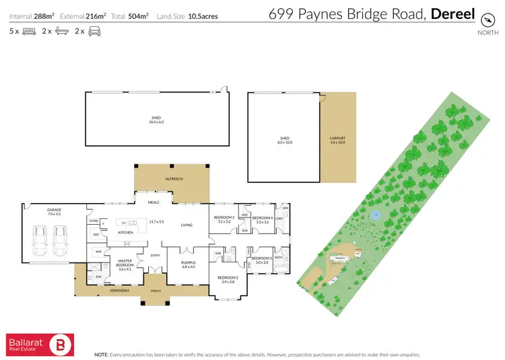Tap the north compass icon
click(483, 21)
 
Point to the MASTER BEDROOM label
click(125, 263)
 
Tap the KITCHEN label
click(126, 232)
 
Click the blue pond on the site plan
click(376, 216)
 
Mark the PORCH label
click(157, 291)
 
